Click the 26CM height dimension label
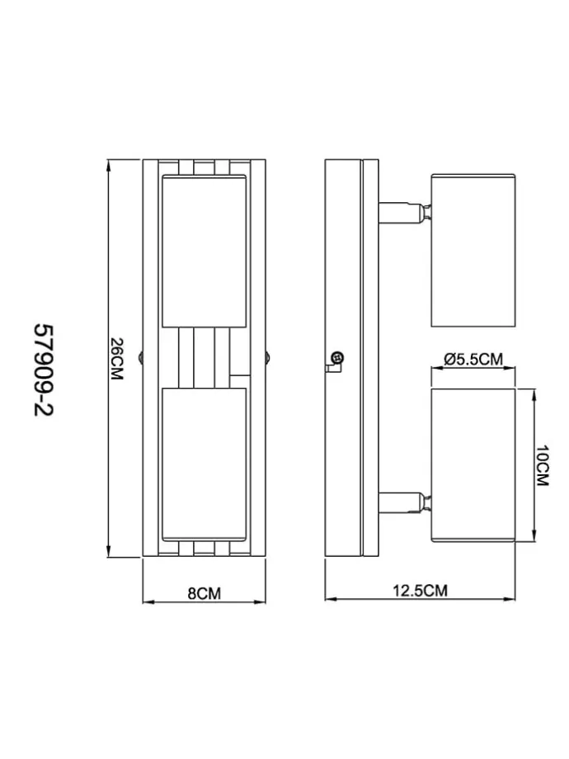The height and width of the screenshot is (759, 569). point(116,359)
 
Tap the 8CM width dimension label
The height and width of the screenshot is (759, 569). point(205,593)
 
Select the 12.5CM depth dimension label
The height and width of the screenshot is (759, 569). point(420,591)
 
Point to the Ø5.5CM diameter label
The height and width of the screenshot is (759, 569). point(473,359)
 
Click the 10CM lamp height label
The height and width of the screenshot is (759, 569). point(543,465)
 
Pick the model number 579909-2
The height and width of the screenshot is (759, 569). point(44,370)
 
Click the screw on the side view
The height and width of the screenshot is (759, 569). point(337,359)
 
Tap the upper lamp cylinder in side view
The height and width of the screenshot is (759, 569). point(473,250)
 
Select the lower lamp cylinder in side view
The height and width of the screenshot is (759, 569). point(473,464)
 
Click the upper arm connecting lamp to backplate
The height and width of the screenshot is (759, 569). point(405,213)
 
